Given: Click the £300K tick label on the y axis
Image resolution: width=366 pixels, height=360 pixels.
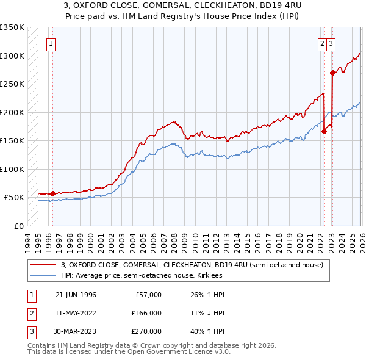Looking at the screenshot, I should pos(12,56).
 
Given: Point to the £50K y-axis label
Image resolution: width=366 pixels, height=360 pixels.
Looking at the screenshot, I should pos(13,198).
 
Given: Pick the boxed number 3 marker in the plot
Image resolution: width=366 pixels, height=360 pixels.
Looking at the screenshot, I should pos(331,43).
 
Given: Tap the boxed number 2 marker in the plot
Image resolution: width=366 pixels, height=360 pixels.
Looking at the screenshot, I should pos(321,43).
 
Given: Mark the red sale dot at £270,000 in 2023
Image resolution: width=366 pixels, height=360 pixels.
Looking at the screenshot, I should pos(332,73).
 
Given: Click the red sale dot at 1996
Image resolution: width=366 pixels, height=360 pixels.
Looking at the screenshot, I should pos(52,193).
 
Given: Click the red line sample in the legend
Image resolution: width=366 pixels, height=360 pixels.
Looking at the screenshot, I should pos(43,265).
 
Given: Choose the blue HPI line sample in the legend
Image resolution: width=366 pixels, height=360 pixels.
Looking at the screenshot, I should pos(43,275).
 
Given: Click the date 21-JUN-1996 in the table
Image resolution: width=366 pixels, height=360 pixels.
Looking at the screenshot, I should pos(76,295).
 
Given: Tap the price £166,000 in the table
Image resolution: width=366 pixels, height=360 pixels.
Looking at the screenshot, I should pos(145,313).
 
